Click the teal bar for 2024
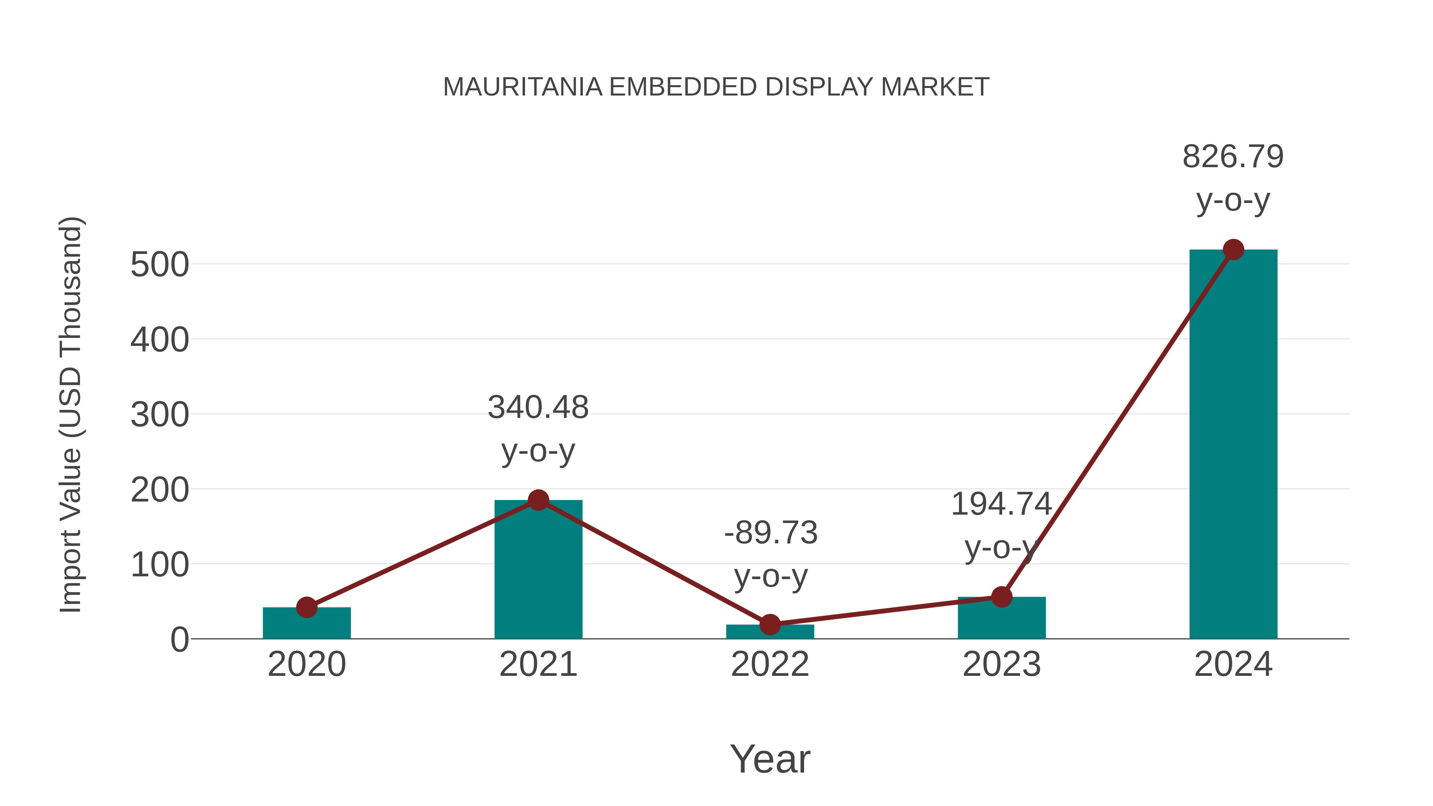[x=1233, y=445]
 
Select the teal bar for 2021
[x=538, y=573]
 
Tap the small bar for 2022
[x=770, y=632]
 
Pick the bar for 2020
[x=307, y=624]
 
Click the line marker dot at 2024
[x=1233, y=250]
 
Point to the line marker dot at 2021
[x=538, y=500]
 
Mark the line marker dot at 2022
[x=770, y=625]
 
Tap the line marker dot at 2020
[x=307, y=607]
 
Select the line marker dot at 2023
[x=1002, y=597]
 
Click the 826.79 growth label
[x=1233, y=156]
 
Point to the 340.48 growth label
[x=538, y=407]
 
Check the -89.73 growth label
[x=771, y=533]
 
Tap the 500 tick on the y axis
[x=160, y=265]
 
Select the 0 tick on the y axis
[x=179, y=640]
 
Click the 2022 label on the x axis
[x=770, y=664]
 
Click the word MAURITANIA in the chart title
[x=522, y=87]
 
